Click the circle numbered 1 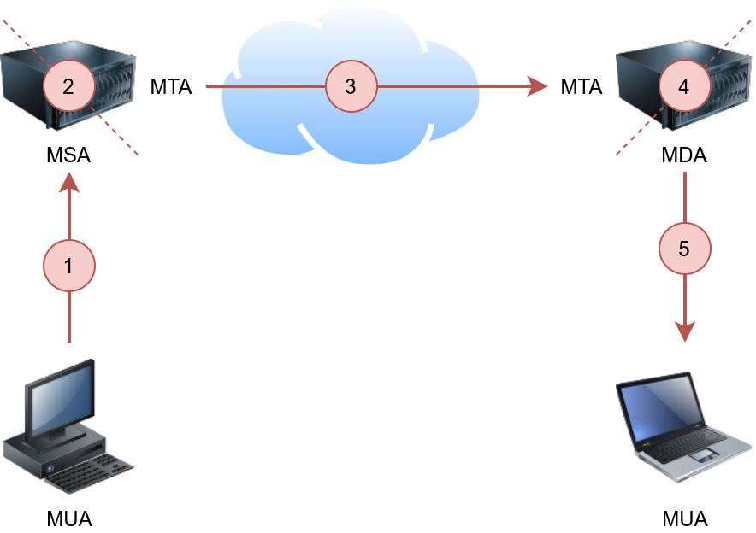tap(69, 266)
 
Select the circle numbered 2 tap(68, 85)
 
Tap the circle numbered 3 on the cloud tap(351, 86)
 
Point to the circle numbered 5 tap(684, 249)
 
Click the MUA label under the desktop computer tap(69, 518)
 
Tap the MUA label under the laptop tap(685, 518)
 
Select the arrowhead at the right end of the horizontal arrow tap(538, 86)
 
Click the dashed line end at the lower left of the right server tap(617, 155)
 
